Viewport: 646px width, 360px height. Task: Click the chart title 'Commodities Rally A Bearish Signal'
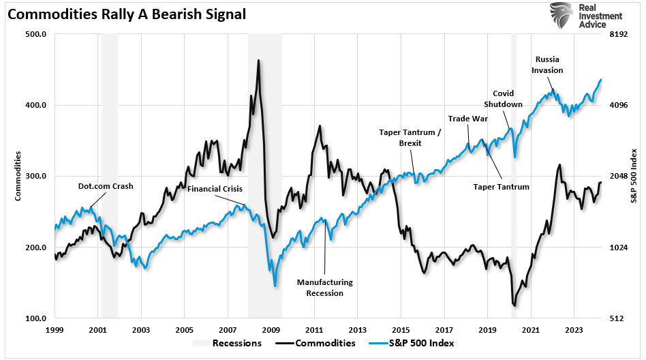coord(127,13)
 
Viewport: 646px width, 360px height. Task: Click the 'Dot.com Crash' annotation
coord(106,185)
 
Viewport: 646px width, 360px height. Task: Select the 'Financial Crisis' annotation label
coord(215,189)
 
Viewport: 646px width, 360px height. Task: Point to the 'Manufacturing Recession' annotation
coord(324,287)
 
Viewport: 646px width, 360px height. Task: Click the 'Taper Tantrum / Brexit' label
coord(410,138)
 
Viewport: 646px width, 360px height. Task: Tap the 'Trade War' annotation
coord(468,119)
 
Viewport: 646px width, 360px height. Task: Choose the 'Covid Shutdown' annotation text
coord(503,99)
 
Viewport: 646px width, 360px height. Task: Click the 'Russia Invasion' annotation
coord(549,65)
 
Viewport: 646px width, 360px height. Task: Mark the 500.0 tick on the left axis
coord(34,34)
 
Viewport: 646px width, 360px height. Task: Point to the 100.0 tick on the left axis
coord(34,318)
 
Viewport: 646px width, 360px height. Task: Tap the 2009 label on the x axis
coord(271,330)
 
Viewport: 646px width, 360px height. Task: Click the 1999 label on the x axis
coord(55,330)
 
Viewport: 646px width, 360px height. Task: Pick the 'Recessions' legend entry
coord(236,343)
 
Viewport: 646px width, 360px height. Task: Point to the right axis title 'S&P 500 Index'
coord(634,176)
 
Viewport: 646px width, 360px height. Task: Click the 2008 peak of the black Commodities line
coord(258,61)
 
